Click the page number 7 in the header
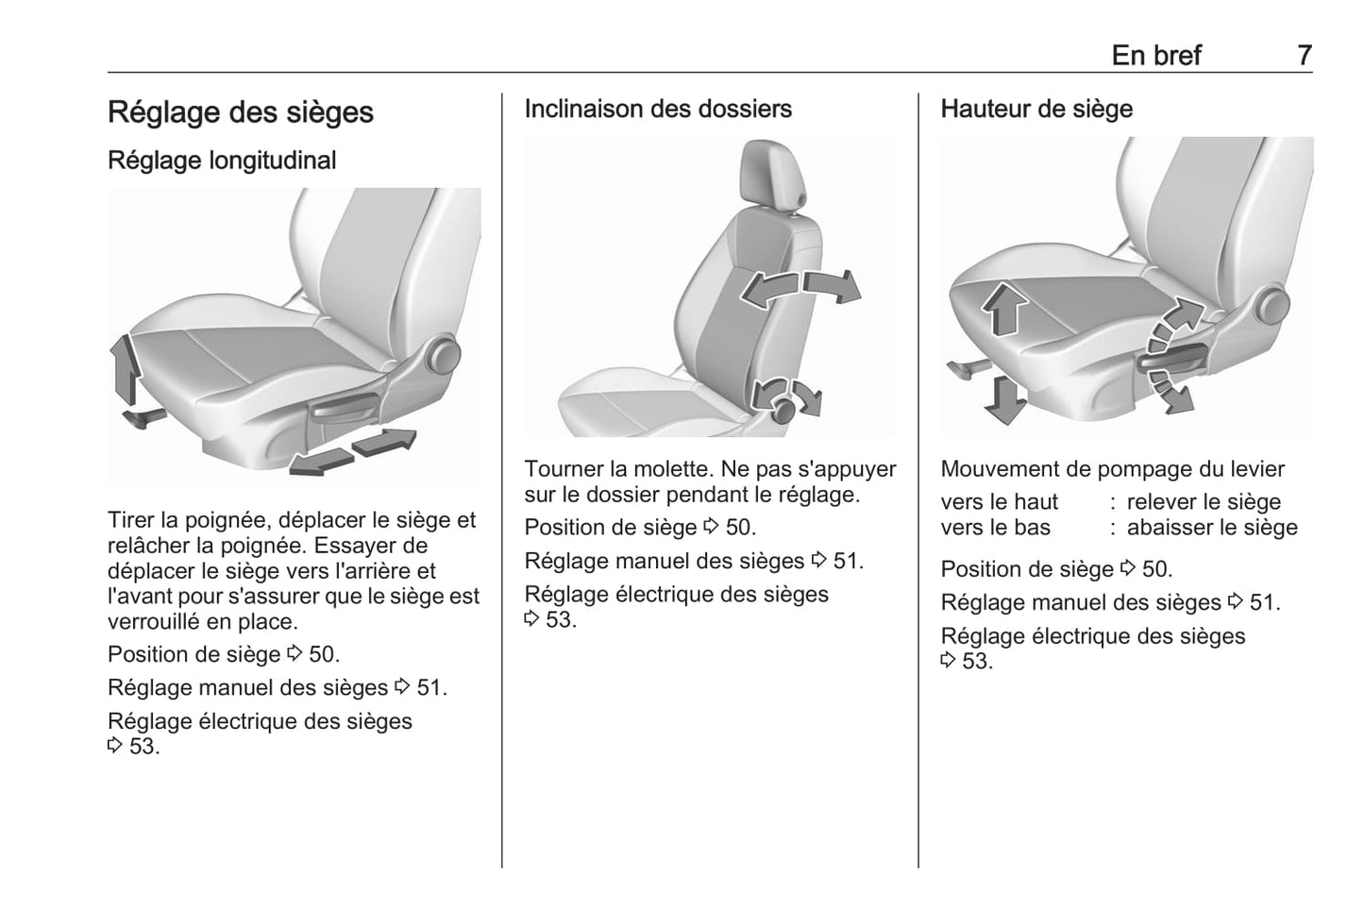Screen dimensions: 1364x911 1305,56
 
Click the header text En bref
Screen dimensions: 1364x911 1156,56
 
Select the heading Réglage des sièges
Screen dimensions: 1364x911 241,112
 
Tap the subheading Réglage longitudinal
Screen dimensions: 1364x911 222,160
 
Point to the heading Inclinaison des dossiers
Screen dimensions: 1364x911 658,109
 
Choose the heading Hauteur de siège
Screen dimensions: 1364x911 1036,109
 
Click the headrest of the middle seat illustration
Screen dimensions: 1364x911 772,174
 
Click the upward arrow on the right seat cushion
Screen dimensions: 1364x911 1004,308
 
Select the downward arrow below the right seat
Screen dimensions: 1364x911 1004,400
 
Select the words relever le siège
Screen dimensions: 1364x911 1204,502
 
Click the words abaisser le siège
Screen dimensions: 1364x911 1212,528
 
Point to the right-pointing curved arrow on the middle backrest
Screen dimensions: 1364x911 833,286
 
